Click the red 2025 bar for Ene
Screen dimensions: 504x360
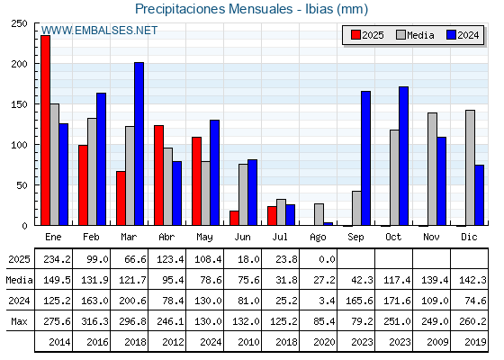click(45, 130)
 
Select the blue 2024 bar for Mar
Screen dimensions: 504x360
click(139, 144)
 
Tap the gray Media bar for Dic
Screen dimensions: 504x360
click(470, 167)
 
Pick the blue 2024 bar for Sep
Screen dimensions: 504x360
click(365, 158)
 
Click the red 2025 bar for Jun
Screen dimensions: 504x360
click(234, 218)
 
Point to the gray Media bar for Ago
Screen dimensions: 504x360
click(319, 214)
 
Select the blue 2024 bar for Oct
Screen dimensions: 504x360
click(404, 156)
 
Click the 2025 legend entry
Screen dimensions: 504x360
click(367, 35)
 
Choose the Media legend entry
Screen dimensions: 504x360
click(415, 35)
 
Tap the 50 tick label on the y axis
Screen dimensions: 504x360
click(22, 185)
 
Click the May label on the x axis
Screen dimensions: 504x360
click(204, 237)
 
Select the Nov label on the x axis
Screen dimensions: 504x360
click(431, 237)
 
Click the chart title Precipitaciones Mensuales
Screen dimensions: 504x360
click(213, 9)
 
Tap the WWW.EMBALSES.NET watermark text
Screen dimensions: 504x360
click(99, 31)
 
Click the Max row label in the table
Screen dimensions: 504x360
click(19, 321)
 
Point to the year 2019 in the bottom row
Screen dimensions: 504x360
click(475, 342)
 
